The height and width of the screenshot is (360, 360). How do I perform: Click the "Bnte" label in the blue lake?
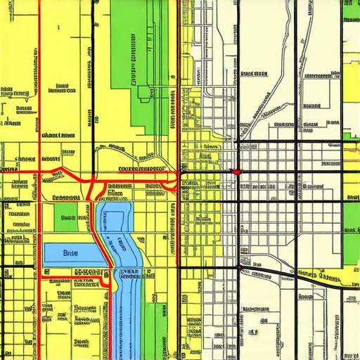click(71, 252)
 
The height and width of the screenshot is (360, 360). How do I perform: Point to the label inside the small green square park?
click(67, 218)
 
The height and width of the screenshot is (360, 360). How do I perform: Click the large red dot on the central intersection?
click(237, 172)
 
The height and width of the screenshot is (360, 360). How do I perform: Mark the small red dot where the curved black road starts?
click(240, 268)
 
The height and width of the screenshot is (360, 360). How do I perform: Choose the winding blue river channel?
click(127, 281)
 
